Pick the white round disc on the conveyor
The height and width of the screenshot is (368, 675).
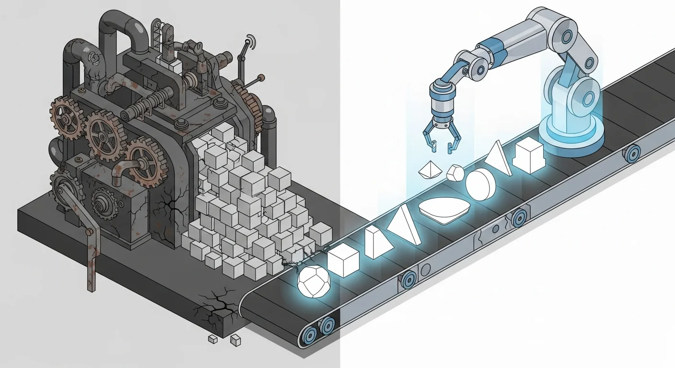pyautogui.click(x=480, y=184)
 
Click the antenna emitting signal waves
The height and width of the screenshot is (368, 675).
pyautogui.click(x=248, y=45)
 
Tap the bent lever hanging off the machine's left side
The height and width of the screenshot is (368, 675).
pyautogui.click(x=89, y=249)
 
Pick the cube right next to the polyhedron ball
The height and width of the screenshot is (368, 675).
pyautogui.click(x=343, y=259)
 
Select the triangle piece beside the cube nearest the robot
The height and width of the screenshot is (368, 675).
pyautogui.click(x=500, y=158)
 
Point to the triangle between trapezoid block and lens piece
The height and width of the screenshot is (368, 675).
pyautogui.click(x=405, y=224)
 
